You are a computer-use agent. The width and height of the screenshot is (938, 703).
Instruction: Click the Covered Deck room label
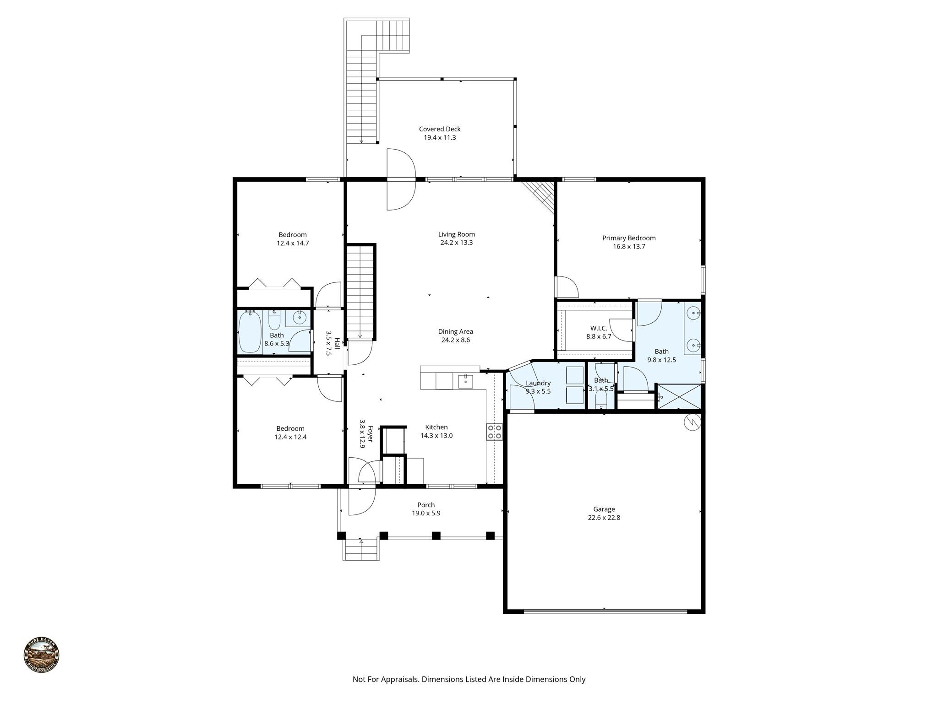pos(440,129)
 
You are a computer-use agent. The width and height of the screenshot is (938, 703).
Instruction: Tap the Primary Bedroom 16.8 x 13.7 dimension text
pos(629,247)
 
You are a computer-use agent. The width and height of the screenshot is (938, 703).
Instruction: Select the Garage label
pos(604,509)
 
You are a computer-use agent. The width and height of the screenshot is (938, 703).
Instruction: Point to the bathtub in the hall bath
pos(250,332)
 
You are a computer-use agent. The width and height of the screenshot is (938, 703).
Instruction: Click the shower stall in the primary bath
pos(679,396)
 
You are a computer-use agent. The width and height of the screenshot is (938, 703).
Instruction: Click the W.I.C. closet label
pos(599,328)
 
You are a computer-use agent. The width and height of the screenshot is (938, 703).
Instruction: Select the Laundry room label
pos(538,383)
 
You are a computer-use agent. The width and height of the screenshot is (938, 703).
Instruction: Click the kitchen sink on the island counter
pos(465,380)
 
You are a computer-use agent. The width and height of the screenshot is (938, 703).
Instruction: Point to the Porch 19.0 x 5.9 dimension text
pos(426,514)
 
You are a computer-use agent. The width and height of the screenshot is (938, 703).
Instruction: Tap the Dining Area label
pos(455,332)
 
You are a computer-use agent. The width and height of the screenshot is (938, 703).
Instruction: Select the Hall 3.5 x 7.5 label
pos(333,343)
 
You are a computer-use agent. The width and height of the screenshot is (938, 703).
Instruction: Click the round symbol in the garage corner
pos(692,422)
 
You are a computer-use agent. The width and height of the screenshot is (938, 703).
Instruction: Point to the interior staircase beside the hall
pos(360,292)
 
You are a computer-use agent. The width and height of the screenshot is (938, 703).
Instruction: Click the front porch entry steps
pos(361,550)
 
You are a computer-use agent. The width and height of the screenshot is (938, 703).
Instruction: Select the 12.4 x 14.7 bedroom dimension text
pos(292,243)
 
